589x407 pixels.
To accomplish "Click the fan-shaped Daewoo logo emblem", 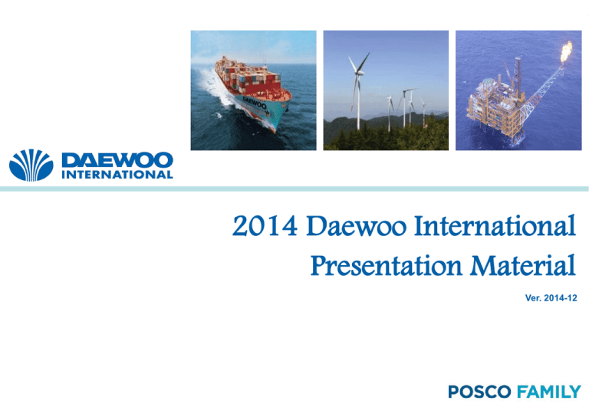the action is point(31,166).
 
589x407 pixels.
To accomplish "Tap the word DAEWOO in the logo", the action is point(117,160).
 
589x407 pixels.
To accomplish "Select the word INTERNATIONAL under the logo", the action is point(117,175).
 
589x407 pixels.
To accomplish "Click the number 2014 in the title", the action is point(265,226).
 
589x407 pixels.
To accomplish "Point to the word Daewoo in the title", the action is point(357,226).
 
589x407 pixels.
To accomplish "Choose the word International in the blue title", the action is point(495,225).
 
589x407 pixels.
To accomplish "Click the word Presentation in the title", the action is point(387,266).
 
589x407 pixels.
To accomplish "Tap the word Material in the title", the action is point(523,265).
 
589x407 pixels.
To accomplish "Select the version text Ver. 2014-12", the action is point(551,298).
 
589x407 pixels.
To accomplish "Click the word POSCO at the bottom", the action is point(479,392).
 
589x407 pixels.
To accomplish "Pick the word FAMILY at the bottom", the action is point(549,392).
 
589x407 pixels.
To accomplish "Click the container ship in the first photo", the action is point(252,92).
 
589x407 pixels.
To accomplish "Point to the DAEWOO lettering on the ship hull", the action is point(255,103).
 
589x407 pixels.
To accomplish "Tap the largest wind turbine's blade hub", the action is point(358,73).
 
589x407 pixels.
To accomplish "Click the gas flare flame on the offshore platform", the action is point(566,52).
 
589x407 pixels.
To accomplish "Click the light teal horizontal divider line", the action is point(294,189).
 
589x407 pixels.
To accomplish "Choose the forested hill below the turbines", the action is point(386,131).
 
